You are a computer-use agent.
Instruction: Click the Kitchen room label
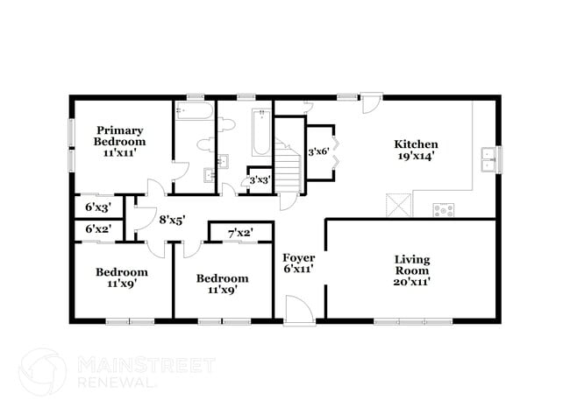(415, 150)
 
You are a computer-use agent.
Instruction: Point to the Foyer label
(299, 264)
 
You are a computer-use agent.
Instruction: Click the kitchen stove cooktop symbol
(445, 209)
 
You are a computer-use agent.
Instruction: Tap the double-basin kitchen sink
(488, 159)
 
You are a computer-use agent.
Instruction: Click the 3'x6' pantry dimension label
(317, 151)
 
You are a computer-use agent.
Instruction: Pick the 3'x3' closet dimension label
(260, 180)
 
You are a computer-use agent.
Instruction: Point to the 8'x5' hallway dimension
(171, 221)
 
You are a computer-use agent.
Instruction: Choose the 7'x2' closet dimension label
(239, 233)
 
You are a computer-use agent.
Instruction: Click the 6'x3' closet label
(96, 207)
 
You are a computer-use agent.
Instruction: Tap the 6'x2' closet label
(96, 229)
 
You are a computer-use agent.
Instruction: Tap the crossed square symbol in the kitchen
(400, 207)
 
